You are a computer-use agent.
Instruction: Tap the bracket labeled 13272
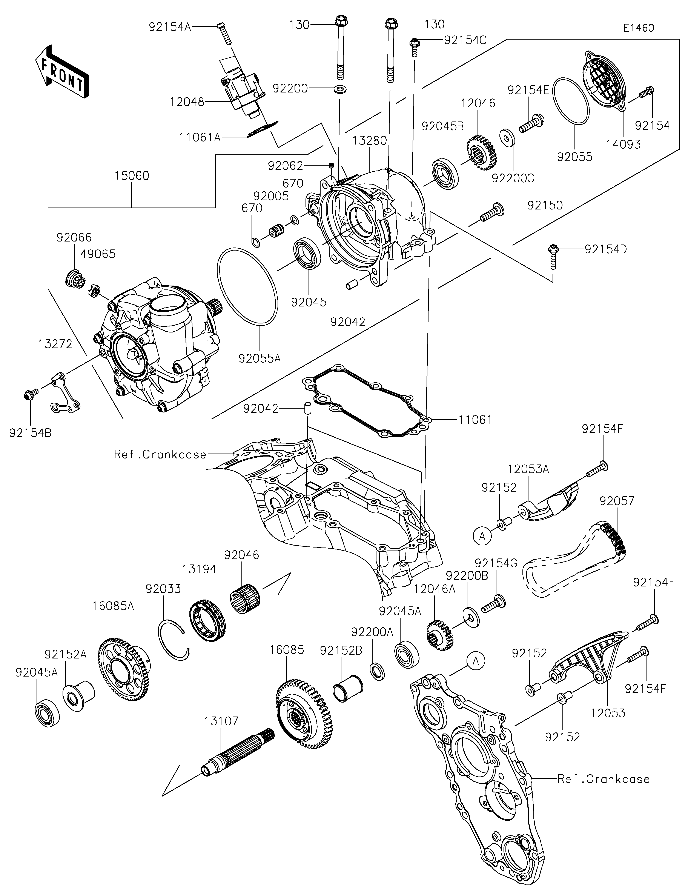(65, 391)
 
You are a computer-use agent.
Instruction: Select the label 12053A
(528, 469)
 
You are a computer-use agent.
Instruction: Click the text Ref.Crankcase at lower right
(603, 779)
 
